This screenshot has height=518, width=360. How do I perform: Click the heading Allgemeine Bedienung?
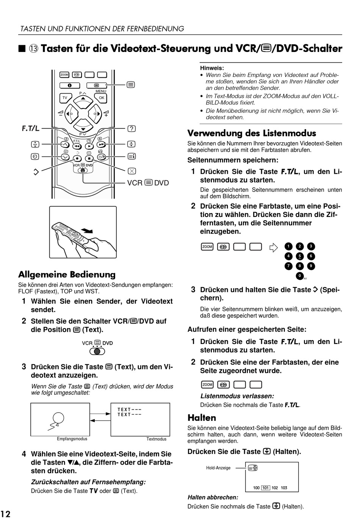click(67, 274)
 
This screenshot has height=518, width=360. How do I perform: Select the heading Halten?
click(202, 418)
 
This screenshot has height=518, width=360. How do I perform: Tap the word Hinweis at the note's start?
click(211, 68)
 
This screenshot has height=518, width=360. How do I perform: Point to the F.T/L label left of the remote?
click(30, 128)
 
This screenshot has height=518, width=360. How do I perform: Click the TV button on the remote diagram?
click(65, 98)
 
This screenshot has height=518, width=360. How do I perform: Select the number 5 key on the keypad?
click(299, 256)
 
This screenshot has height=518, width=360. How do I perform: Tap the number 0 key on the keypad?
click(299, 276)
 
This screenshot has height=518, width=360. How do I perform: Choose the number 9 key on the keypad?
click(311, 266)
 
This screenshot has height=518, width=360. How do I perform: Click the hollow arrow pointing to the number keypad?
click(273, 247)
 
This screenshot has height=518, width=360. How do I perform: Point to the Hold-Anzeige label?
click(218, 468)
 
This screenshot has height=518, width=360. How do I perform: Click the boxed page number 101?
click(266, 488)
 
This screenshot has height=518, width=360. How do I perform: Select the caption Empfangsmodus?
click(72, 439)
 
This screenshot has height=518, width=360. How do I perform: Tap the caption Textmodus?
click(156, 439)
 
